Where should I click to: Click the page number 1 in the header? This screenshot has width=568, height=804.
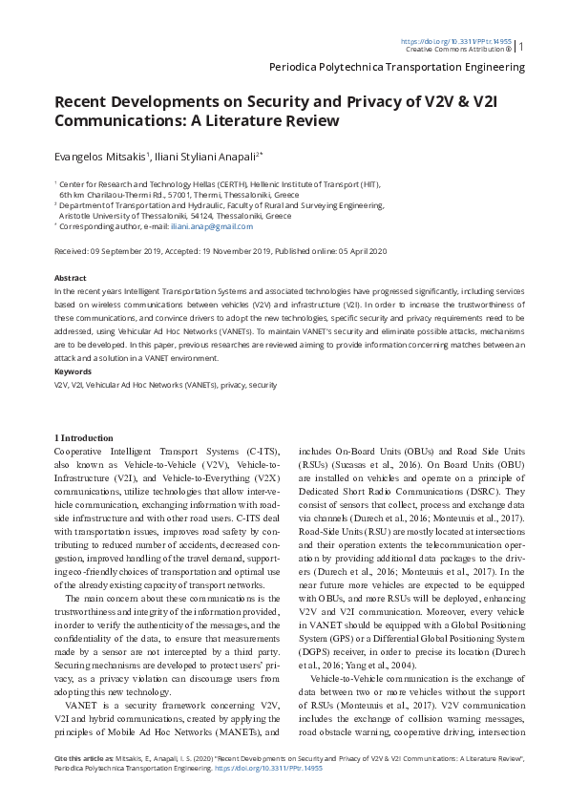(521, 45)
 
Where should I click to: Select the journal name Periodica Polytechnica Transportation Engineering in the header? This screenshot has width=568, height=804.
(397, 67)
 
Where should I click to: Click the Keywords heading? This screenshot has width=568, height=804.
(73, 371)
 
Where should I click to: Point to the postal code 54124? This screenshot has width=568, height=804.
(209, 216)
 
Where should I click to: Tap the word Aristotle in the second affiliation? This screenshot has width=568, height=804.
(74, 216)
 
